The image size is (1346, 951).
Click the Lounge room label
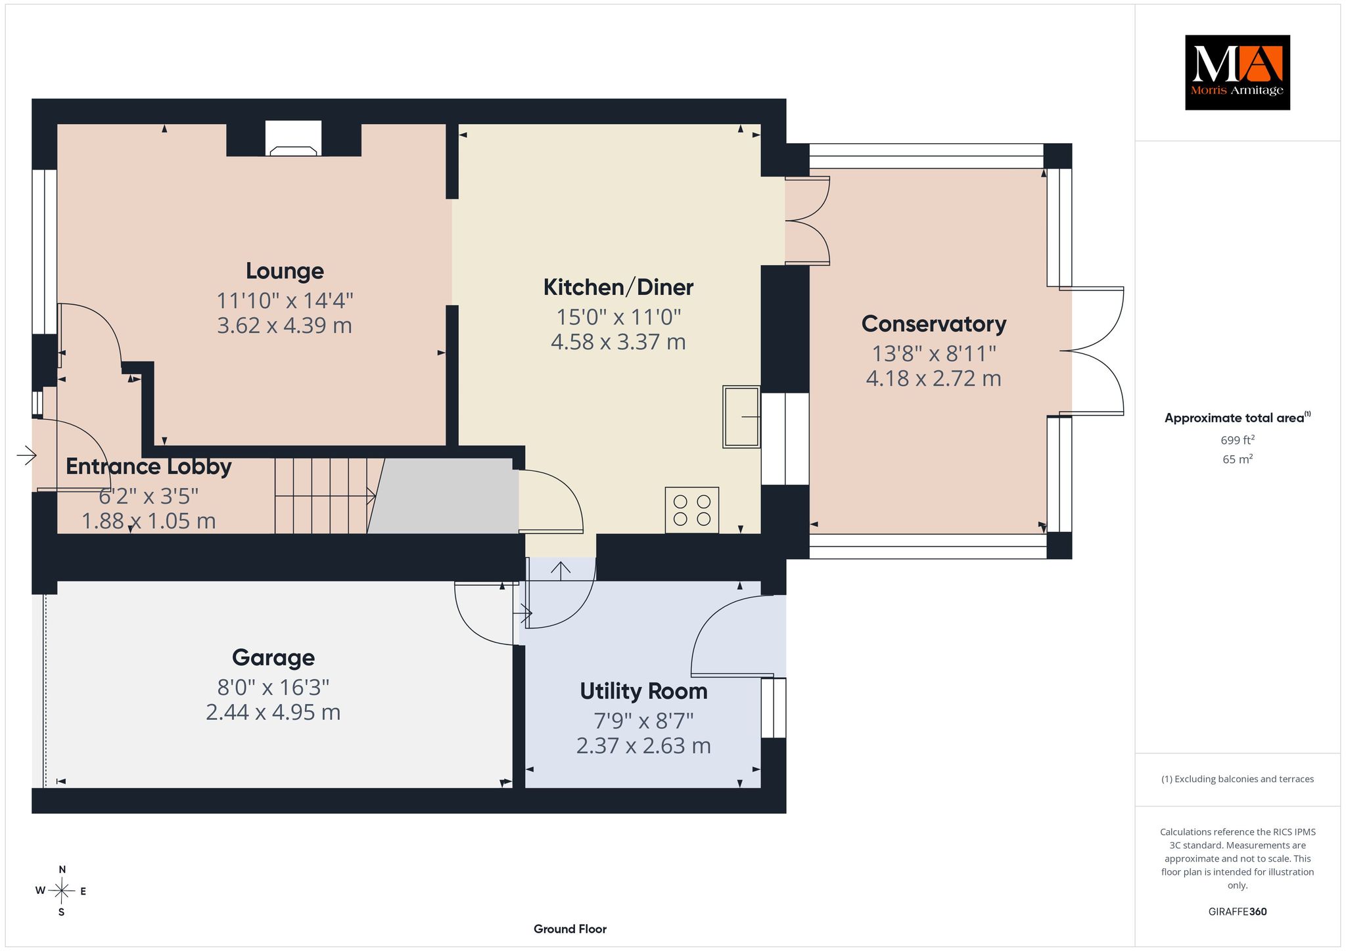click(x=285, y=271)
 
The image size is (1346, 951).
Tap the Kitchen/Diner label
click(x=618, y=287)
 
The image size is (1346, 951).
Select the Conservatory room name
click(x=933, y=324)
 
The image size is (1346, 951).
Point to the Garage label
click(x=273, y=657)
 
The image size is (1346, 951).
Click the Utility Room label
click(x=643, y=691)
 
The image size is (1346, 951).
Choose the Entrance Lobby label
click(x=149, y=466)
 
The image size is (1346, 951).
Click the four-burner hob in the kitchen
click(x=692, y=510)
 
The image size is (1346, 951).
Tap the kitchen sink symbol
click(x=741, y=416)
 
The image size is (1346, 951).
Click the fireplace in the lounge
click(x=294, y=139)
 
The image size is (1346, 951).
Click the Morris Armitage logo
click(x=1237, y=72)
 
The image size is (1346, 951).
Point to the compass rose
click(x=61, y=891)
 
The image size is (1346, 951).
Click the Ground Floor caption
click(x=570, y=929)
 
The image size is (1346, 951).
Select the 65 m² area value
click(x=1238, y=459)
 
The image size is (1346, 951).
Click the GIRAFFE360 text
click(x=1238, y=912)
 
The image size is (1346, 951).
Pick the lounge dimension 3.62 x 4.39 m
click(x=285, y=325)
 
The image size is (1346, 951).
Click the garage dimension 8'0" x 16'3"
click(x=273, y=687)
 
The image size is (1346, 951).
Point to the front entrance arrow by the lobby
click(x=26, y=454)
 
